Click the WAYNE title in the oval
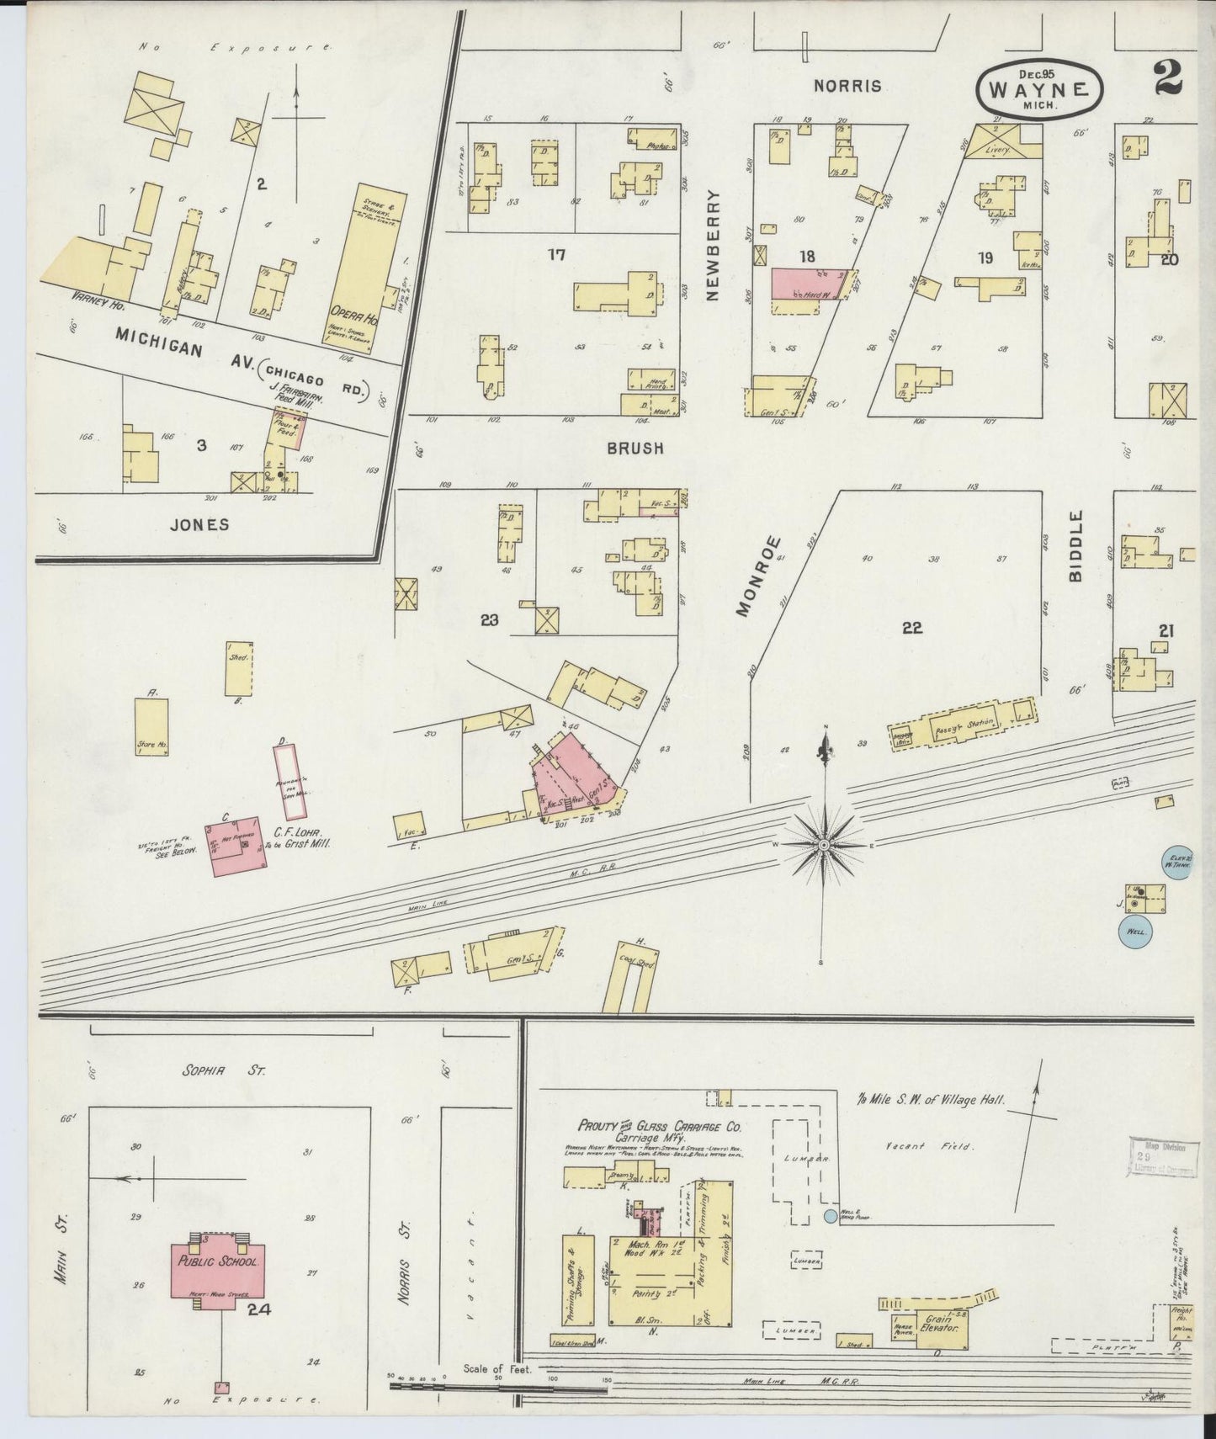(1040, 89)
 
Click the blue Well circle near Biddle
(1134, 932)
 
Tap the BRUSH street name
(635, 449)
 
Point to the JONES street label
(199, 524)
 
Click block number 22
(911, 627)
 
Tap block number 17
(556, 255)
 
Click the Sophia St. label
(224, 1071)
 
